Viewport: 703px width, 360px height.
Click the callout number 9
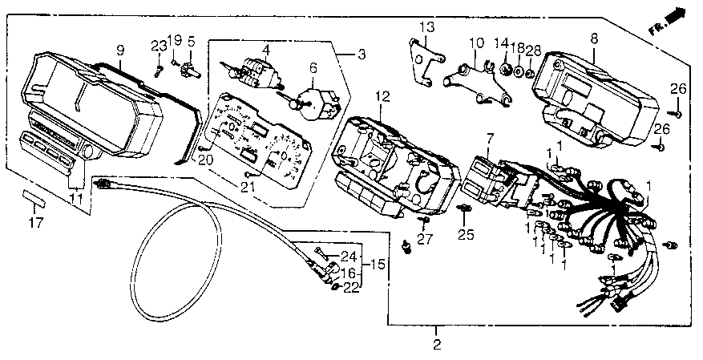pyautogui.click(x=120, y=51)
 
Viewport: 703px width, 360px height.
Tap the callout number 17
pyautogui.click(x=36, y=223)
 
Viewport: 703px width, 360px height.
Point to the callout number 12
pyautogui.click(x=382, y=97)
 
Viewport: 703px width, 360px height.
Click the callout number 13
pyautogui.click(x=427, y=27)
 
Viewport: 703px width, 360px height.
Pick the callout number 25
pyautogui.click(x=466, y=235)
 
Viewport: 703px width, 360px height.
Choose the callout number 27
pyautogui.click(x=425, y=240)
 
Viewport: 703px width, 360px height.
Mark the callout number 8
pyautogui.click(x=594, y=38)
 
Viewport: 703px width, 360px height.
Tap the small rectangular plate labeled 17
pyautogui.click(x=34, y=196)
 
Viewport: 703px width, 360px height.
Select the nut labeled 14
pyautogui.click(x=506, y=69)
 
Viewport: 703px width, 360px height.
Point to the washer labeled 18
pyautogui.click(x=519, y=71)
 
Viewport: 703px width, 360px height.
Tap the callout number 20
pyautogui.click(x=206, y=160)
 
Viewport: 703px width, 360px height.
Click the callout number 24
pyautogui.click(x=348, y=257)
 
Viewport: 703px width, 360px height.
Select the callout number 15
pyautogui.click(x=378, y=265)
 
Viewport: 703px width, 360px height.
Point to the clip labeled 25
pyautogui.click(x=465, y=208)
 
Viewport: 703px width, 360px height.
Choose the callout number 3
pyautogui.click(x=362, y=55)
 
